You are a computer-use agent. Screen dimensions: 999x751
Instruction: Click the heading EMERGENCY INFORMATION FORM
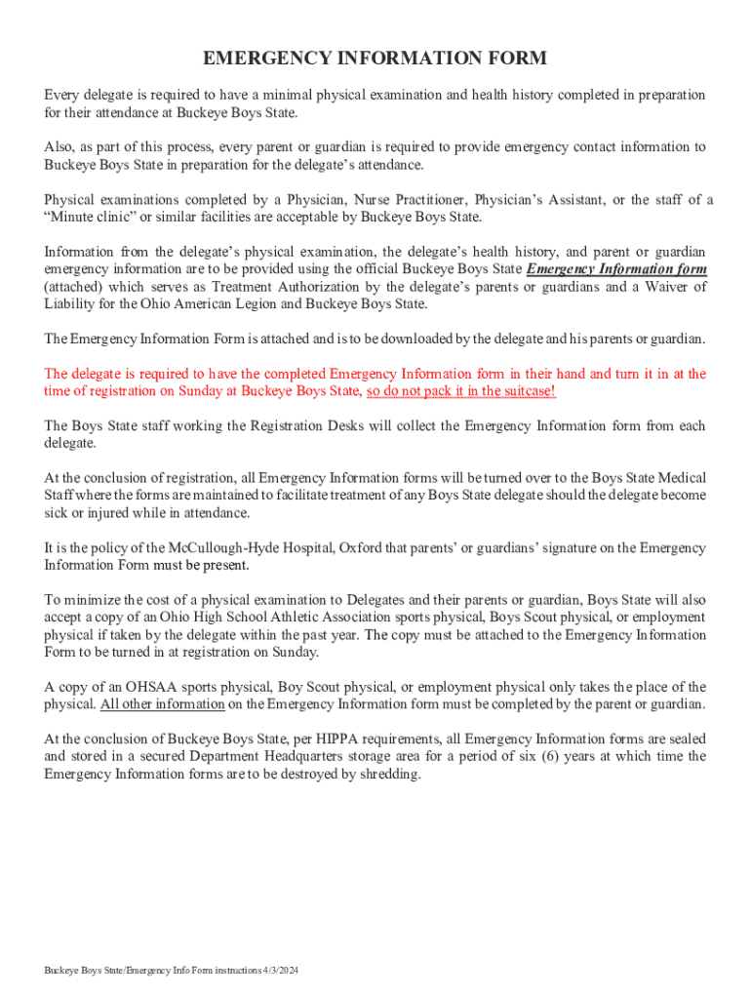coord(375,60)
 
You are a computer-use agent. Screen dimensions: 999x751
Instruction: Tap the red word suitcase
coord(527,391)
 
